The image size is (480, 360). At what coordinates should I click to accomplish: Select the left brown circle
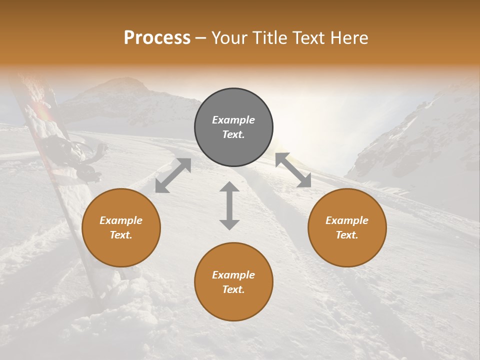[121, 227]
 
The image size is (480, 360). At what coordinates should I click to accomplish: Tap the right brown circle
[347, 227]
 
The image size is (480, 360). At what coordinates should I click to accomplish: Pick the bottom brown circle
[233, 281]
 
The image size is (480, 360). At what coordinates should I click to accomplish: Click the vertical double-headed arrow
[229, 205]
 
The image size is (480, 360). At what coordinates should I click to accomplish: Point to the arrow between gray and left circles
[173, 175]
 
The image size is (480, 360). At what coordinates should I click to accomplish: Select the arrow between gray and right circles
[293, 170]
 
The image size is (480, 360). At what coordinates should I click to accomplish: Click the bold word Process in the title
[157, 37]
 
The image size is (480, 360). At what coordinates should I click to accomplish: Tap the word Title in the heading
[270, 37]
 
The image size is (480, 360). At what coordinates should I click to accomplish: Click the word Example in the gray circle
[233, 120]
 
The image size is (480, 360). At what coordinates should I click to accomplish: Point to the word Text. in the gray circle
[233, 134]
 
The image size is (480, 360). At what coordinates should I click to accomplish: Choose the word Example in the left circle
[121, 220]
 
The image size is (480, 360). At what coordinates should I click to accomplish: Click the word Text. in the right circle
[347, 235]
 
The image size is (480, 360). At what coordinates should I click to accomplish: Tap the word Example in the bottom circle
[233, 275]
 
